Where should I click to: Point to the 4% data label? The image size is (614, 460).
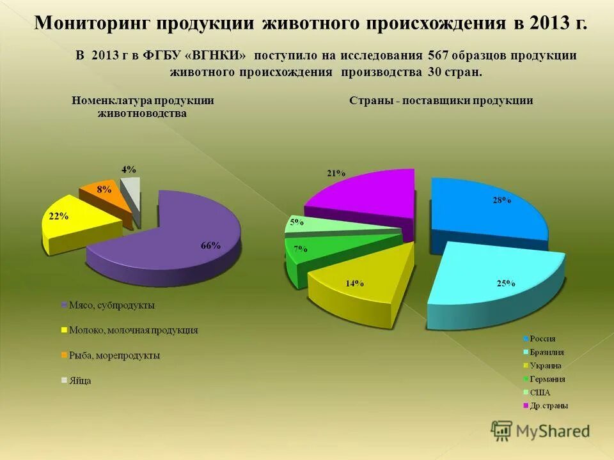[x=129, y=169]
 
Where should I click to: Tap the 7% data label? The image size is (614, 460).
[x=300, y=249]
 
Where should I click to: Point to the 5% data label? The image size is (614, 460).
[x=297, y=222]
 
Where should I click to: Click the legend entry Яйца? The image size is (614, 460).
[x=80, y=380]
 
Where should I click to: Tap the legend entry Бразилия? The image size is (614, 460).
[x=547, y=352]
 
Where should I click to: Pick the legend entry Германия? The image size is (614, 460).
[x=547, y=379]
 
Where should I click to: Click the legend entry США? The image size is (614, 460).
[x=540, y=392]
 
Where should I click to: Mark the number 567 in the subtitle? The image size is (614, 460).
[x=438, y=56]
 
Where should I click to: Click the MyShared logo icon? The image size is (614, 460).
[x=502, y=431]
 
